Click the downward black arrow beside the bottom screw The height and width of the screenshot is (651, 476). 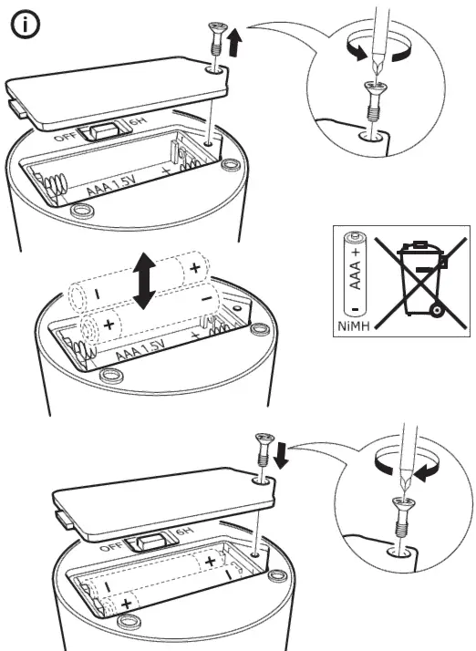click(x=281, y=452)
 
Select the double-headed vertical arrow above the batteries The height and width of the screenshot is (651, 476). click(x=142, y=280)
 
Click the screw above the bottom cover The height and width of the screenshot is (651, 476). click(x=263, y=452)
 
